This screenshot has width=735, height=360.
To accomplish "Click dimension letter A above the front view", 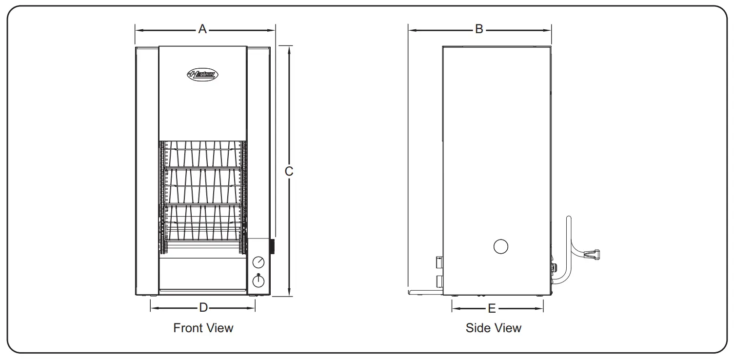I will (202, 30).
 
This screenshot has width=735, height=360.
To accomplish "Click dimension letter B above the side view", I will (479, 30).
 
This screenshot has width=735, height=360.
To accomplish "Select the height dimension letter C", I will (289, 171).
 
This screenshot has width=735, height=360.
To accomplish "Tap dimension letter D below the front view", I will (203, 308).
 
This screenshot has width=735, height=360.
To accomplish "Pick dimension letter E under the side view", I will (492, 308).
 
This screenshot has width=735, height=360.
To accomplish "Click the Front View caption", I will (203, 328).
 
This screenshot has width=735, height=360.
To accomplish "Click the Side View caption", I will (493, 328).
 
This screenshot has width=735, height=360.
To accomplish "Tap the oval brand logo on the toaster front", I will (202, 75).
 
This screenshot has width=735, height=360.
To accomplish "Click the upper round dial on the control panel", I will (258, 263).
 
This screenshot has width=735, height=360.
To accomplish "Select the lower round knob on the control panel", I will (258, 281).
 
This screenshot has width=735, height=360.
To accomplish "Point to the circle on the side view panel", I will (501, 246).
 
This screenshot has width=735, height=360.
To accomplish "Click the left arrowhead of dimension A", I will (138, 30).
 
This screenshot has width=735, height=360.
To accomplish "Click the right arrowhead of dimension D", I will (253, 308).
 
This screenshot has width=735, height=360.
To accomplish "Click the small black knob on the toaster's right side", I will (273, 246).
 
